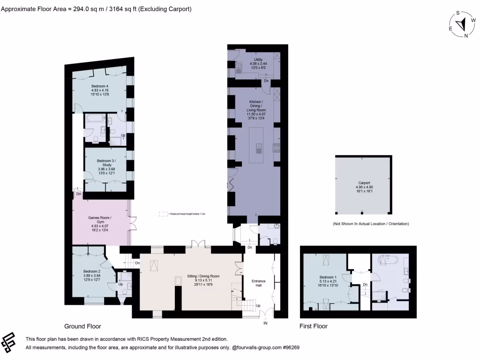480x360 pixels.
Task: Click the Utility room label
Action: coord(258,60)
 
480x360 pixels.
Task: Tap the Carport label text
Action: coord(364,183)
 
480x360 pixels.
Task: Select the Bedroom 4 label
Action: coord(99,86)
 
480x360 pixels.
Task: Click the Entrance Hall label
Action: coord(258,284)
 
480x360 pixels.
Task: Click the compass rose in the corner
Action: coord(462,24)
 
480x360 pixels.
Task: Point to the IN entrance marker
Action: coord(265,323)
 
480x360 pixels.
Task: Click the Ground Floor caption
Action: coord(82,326)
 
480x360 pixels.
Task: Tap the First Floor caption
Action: coord(314,326)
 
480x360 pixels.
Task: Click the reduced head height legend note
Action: coord(183,214)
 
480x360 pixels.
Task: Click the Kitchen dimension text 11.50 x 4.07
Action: coord(256,113)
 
